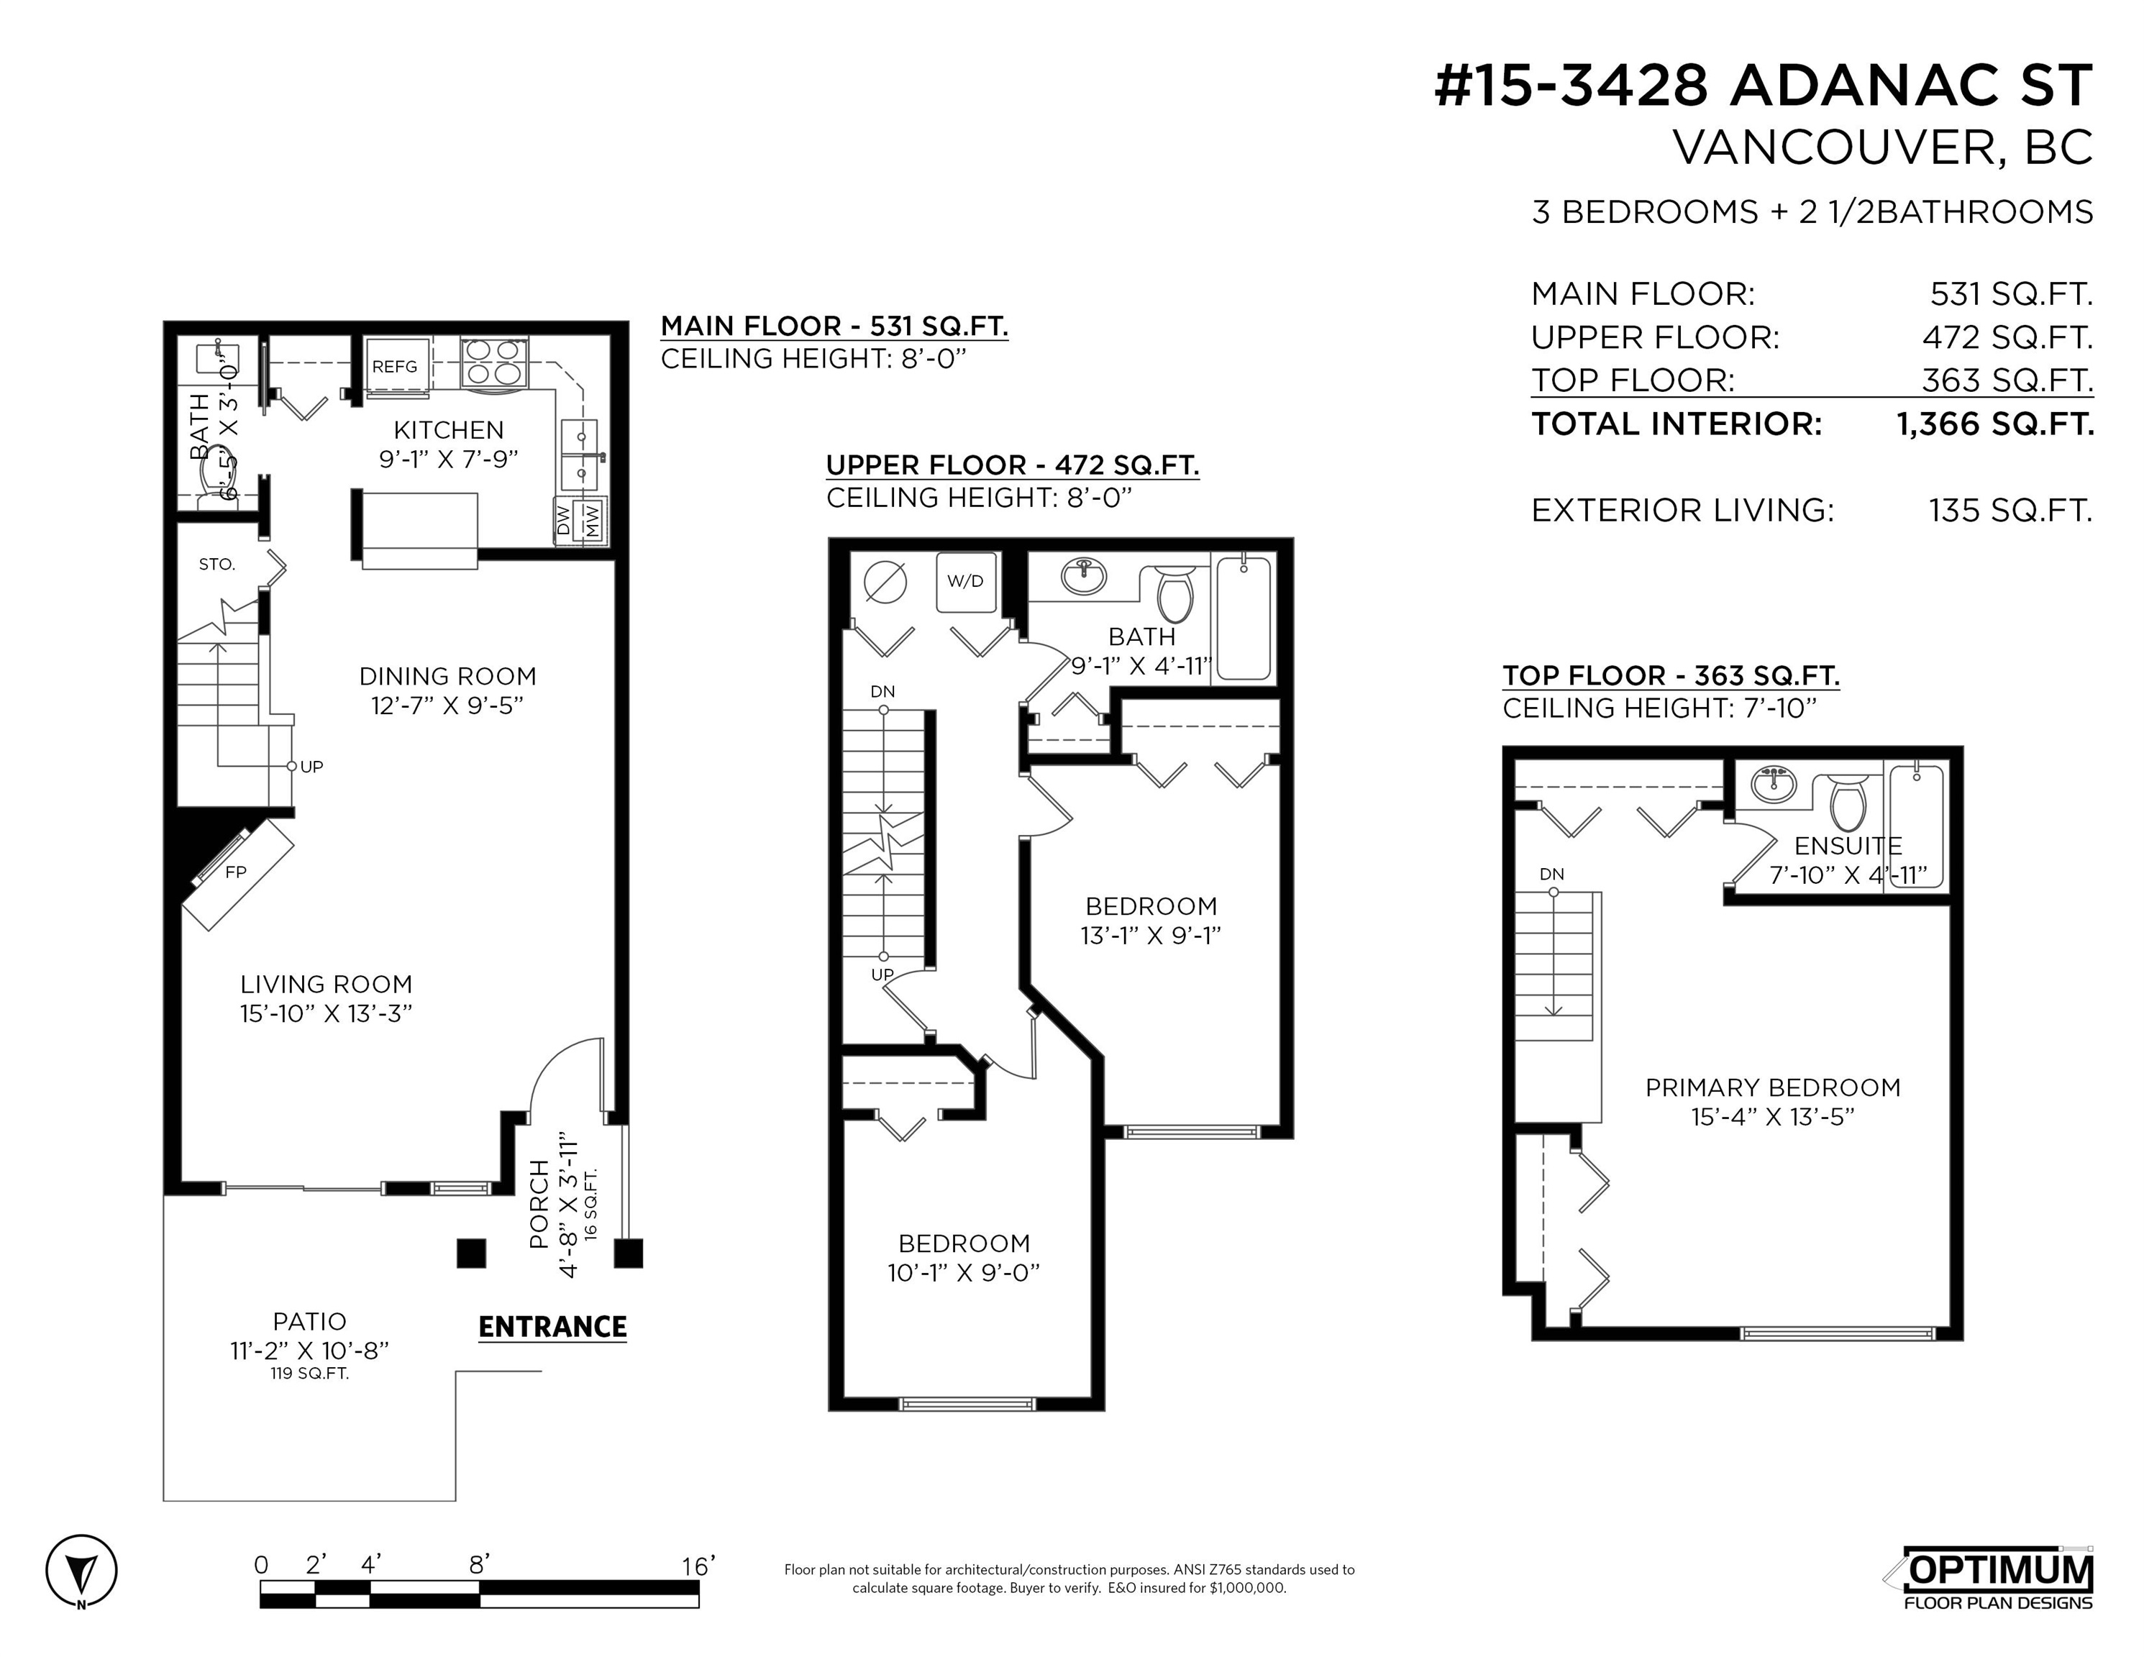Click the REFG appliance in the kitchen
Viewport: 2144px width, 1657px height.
tap(396, 367)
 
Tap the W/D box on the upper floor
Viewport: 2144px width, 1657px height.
tap(965, 581)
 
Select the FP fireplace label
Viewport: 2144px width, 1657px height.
tap(236, 872)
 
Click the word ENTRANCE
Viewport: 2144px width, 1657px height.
tap(552, 1327)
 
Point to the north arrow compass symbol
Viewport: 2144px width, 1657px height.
tap(81, 1571)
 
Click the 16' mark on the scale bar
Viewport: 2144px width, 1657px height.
tap(698, 1566)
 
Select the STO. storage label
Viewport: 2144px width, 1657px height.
tap(217, 565)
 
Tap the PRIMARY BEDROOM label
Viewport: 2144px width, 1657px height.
tap(1773, 1087)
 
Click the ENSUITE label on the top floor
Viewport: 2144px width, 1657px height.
tap(1848, 846)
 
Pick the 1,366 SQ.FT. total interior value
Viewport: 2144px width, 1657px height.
tap(1995, 424)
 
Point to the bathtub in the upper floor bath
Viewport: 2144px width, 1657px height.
tap(1244, 618)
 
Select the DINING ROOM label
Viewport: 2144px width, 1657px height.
tap(447, 676)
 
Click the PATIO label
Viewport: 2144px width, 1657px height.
tap(309, 1321)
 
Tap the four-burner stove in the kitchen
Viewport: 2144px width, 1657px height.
tap(496, 362)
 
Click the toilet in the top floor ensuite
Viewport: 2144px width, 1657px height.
tap(1848, 803)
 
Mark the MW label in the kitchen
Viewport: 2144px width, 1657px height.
tap(593, 519)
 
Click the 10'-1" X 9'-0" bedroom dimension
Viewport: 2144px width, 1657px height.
tap(964, 1273)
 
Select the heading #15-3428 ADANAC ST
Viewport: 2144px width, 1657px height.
tap(1764, 86)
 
